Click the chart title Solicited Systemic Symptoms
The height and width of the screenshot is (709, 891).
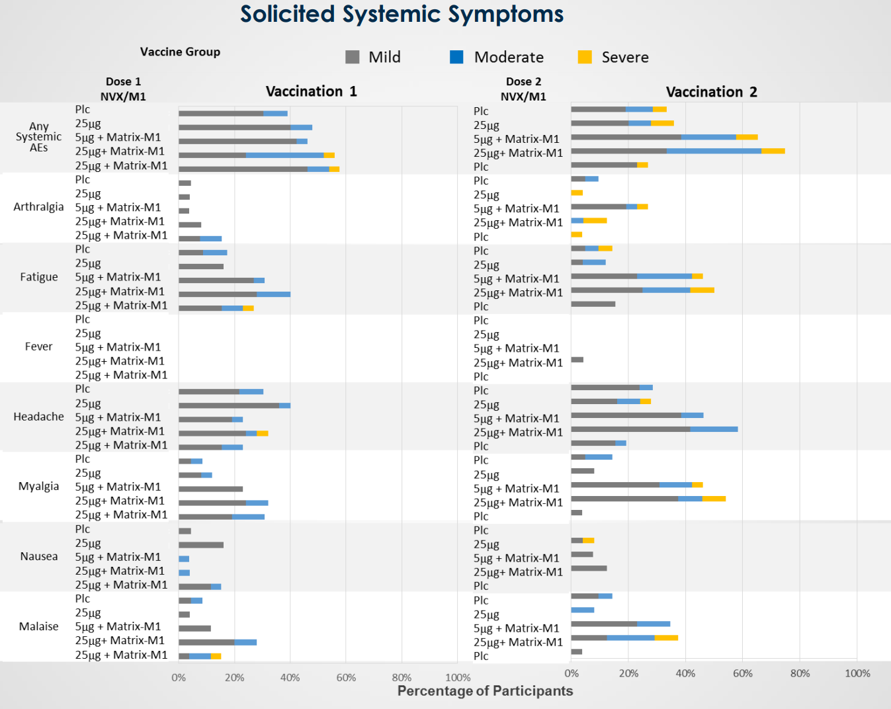402,15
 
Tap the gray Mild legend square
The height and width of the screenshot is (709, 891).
353,58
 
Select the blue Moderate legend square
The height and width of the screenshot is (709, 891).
456,58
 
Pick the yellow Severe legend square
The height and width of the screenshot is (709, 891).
585,58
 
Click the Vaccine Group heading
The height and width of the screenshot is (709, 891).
180,52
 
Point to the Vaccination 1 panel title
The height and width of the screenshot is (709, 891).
311,91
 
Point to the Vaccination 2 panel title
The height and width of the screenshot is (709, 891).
711,92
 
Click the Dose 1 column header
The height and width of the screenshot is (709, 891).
123,82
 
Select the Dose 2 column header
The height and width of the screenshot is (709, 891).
523,82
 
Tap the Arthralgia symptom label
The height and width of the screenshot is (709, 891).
38,207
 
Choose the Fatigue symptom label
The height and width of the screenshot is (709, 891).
38,277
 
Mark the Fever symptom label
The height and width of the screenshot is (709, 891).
38,347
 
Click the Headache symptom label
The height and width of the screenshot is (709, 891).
38,417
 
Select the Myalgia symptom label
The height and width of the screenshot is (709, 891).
38,486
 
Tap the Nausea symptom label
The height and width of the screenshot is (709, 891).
38,556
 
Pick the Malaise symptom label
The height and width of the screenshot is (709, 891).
38,626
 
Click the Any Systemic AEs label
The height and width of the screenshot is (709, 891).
38,137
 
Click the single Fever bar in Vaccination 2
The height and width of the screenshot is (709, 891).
577,360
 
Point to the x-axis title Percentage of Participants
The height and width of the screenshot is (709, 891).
485,691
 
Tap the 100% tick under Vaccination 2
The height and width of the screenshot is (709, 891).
857,673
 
